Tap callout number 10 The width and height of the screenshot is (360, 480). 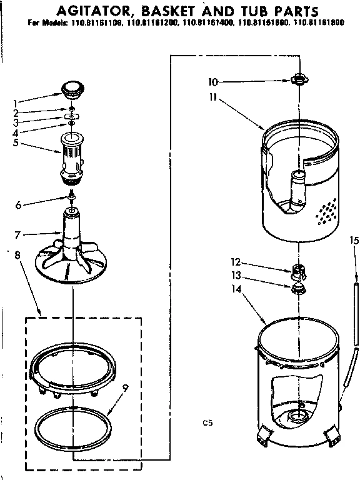point(212,81)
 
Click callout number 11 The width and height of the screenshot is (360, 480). point(212,98)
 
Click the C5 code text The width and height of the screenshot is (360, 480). point(207,423)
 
